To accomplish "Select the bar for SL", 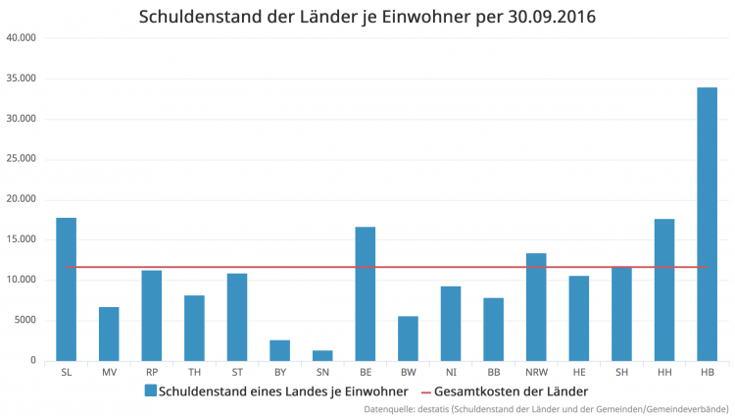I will coord(66,288).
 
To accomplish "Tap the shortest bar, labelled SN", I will coord(322,355).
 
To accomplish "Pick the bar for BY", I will coord(279,350).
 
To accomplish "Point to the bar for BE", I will coord(365,293).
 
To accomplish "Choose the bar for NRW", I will coord(536,306).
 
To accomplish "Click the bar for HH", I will coord(664,289).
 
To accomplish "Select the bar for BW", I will coord(408,338).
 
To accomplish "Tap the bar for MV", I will coord(109,334).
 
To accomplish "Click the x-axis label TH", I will coord(194,373).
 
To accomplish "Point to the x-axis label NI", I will coord(451,373).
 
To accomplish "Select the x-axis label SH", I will coord(621,373).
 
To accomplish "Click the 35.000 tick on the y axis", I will coord(21,78).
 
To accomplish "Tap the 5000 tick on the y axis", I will coord(24,320).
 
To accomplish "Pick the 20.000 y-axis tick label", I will coord(21,199).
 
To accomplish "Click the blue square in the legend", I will coord(150,390).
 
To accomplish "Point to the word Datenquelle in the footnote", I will coord(390,408).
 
